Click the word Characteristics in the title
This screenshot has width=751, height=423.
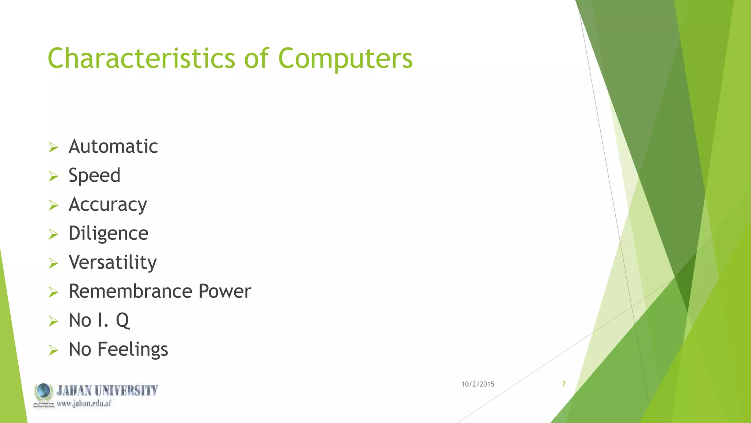141,59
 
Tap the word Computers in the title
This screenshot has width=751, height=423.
345,59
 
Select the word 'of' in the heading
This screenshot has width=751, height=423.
256,59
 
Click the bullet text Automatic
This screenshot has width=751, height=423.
113,147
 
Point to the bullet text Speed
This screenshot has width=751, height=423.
94,176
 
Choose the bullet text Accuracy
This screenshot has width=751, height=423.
108,205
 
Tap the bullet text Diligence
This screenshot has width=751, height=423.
108,234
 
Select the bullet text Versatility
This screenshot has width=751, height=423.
113,263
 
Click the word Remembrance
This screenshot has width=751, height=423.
130,292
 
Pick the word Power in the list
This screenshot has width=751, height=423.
224,292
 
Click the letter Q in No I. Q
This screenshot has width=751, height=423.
122,321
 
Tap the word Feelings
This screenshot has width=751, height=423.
132,349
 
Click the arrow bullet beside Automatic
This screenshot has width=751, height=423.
54,148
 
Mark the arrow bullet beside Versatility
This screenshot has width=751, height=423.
54,263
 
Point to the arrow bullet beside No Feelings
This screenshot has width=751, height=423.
54,350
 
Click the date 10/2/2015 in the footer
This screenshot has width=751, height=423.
477,384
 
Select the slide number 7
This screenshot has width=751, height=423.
564,384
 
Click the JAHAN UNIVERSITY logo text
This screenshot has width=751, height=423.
107,390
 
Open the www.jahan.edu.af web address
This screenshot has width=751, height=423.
84,404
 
